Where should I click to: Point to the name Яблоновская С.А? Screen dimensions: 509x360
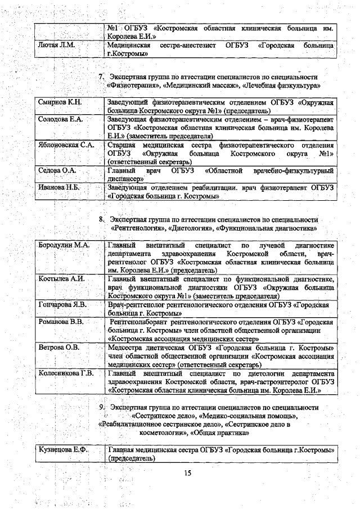tap(65, 145)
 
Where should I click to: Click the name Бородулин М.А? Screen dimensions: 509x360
tap(64, 246)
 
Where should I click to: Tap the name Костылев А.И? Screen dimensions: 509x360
tap(61, 279)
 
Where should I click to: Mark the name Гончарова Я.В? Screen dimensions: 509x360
tap(62, 304)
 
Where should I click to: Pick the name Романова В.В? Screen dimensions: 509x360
tap(61, 322)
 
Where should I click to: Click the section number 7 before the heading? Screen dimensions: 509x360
tap(101, 76)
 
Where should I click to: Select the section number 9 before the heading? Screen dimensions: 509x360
tap(101, 407)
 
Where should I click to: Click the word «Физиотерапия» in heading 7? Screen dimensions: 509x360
tap(128, 85)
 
